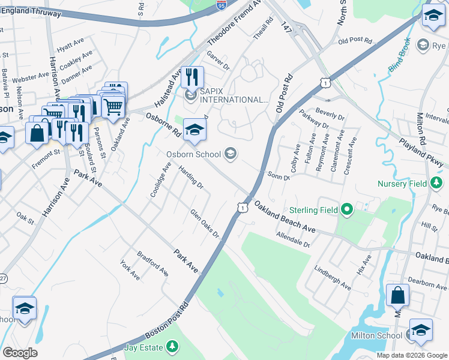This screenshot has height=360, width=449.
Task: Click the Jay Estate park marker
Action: pos(172,347)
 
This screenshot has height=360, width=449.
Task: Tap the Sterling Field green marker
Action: pos(347,210)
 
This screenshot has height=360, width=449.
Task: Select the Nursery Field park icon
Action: pos(436,184)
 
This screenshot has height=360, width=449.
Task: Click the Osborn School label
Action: pos(194,154)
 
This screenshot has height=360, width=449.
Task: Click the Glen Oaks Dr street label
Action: pos(205,223)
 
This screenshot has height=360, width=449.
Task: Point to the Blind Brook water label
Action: pos(399,55)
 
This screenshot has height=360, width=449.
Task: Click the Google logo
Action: pos(20,352)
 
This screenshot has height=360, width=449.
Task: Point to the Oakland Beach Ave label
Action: pos(284,217)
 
